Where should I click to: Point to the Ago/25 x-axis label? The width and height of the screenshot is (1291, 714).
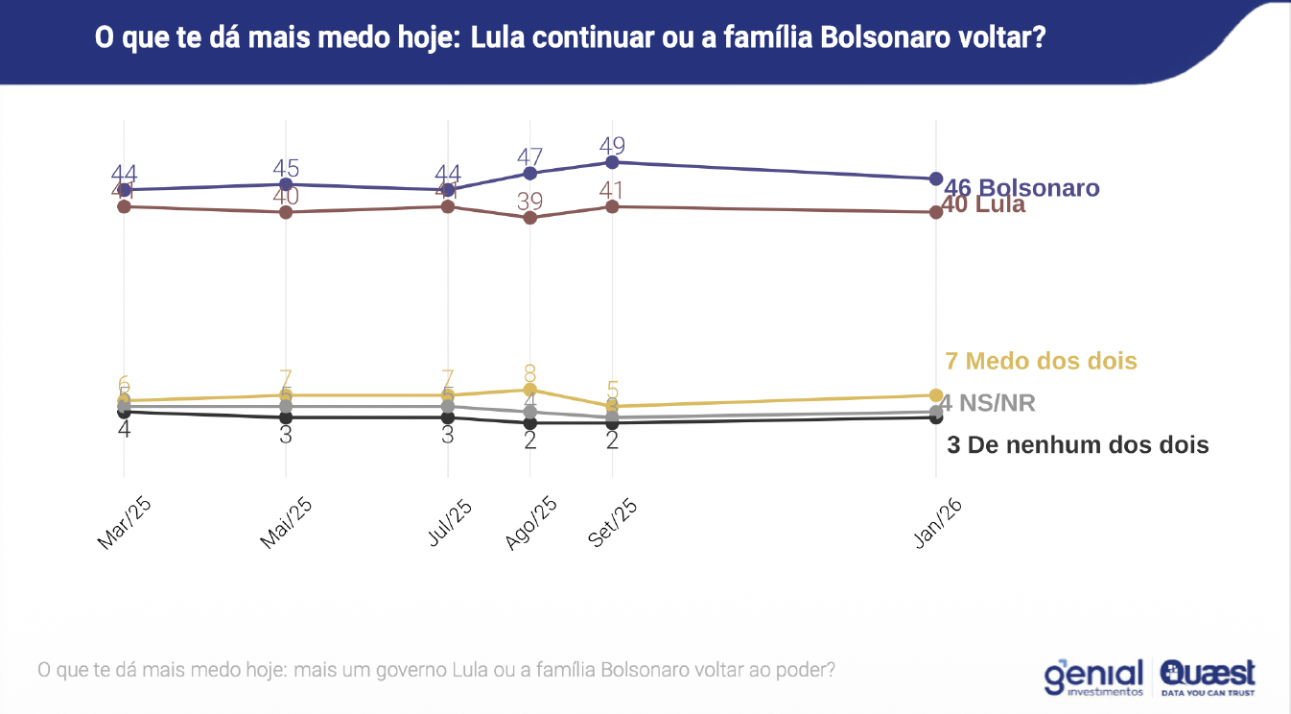[531, 523]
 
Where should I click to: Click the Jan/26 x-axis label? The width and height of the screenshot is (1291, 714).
[937, 524]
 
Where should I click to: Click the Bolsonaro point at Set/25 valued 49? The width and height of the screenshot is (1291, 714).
[612, 162]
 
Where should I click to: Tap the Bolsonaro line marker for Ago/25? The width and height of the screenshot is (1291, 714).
[529, 173]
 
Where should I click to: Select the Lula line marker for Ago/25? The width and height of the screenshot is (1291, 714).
[529, 218]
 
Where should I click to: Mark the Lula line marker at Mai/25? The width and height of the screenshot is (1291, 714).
[286, 212]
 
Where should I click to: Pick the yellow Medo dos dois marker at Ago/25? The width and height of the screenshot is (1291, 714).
[529, 390]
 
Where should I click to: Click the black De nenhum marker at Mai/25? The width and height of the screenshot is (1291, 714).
[286, 417]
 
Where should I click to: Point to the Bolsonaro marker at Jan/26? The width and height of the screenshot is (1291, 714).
[936, 178]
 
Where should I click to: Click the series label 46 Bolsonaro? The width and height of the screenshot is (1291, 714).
[1022, 188]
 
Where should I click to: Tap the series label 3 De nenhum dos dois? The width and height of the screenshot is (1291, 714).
[1077, 445]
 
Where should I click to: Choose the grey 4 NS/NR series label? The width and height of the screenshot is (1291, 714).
[989, 403]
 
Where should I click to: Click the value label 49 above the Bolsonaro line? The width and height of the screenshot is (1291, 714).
[612, 147]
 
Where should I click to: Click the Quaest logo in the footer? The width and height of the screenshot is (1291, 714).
[1209, 677]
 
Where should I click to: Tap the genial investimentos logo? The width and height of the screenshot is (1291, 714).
[1094, 677]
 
